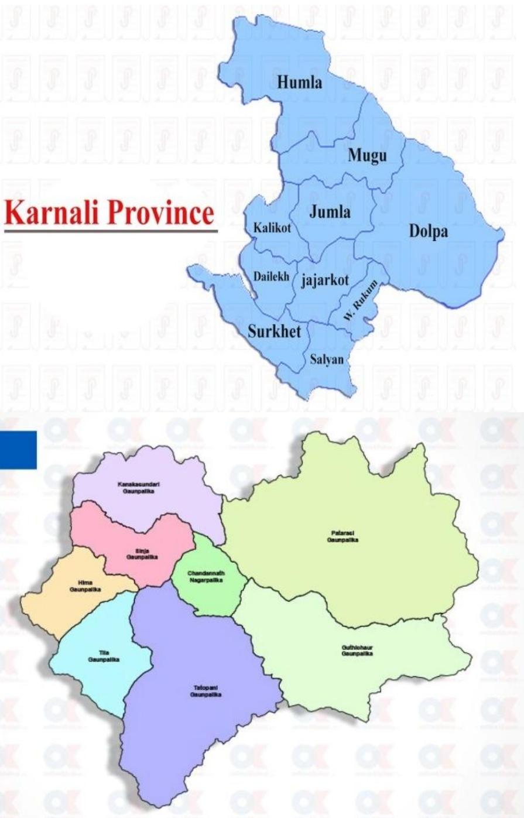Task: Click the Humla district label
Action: coord(299,82)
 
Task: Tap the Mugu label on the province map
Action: coord(367,155)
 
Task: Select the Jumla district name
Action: coord(330,211)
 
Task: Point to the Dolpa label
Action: coord(428,231)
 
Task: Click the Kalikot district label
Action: coord(272,228)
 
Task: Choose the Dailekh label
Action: coord(271,276)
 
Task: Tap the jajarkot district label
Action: coord(325,280)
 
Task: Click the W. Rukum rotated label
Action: coord(360,300)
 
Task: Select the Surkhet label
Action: coord(274,331)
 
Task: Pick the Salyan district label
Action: coord(327,359)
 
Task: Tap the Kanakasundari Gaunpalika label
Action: coord(138,488)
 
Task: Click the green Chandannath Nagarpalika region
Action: coord(206,576)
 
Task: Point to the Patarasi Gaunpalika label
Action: coord(343,536)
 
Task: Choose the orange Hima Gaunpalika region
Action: coord(85,586)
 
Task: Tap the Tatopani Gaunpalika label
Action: coord(205,691)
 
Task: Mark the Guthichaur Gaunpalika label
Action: coord(357,650)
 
